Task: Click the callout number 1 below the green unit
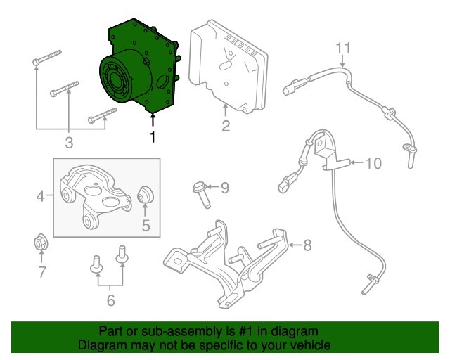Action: coord(152,136)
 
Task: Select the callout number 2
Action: coord(226,127)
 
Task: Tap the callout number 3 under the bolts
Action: coord(69,144)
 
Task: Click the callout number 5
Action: coord(146,226)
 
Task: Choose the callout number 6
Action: coord(110,300)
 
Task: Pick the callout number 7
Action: coord(42,271)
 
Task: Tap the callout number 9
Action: coord(224,187)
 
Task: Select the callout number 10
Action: coord(373,164)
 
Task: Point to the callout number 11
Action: coord(342,48)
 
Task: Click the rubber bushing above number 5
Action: coord(146,195)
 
